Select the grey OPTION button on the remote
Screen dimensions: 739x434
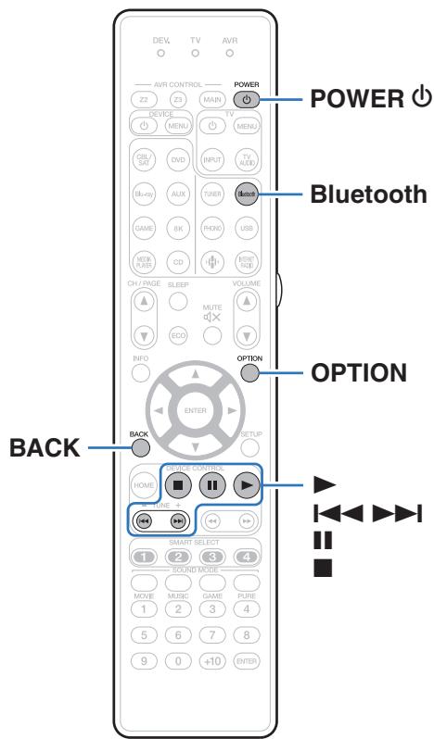(248, 371)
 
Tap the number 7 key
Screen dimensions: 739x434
(211, 633)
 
